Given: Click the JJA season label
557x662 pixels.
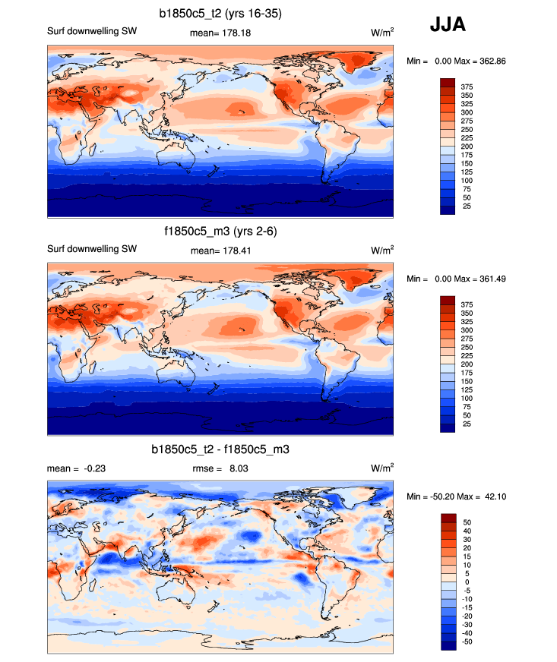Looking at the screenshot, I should tap(448, 24).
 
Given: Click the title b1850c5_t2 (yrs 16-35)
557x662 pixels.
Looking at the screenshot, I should tap(221, 13).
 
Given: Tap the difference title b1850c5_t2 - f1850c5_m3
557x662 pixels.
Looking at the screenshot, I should tap(220, 449).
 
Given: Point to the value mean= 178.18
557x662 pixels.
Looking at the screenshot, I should tap(220, 33).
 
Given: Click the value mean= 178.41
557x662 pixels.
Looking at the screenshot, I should tap(220, 251).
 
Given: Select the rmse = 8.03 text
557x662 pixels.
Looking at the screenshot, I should tap(220, 468).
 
